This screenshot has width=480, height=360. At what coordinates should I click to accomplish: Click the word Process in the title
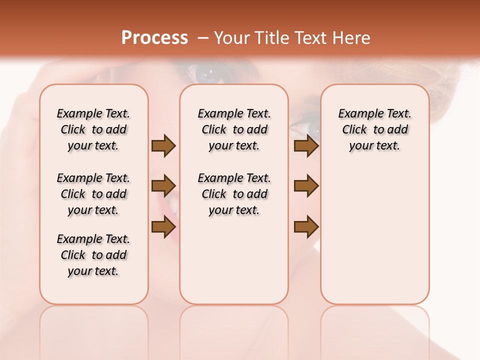154,38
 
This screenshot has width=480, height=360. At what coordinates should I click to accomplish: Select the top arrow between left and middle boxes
163,146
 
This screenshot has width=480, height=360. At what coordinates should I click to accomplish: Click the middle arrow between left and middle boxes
163,186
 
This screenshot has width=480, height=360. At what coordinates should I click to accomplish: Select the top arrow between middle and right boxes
306,146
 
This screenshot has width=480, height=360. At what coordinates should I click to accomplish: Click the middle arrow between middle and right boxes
306,186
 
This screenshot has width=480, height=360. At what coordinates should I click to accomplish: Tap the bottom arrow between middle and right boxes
306,226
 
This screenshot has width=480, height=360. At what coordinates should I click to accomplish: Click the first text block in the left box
93,129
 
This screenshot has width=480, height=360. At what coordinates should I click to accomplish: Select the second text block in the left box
93,194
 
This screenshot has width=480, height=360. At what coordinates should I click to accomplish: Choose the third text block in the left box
93,255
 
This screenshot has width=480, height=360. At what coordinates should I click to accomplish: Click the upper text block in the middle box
234,129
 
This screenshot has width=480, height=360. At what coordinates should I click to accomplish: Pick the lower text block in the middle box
234,194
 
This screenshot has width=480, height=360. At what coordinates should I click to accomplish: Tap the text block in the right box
374,129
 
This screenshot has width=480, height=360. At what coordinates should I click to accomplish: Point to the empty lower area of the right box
374,235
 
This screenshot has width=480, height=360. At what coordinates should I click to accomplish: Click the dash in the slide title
203,38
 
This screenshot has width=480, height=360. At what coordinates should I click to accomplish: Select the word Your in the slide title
232,38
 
